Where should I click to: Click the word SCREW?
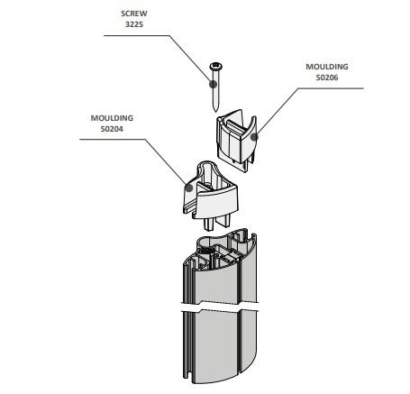click(134, 14)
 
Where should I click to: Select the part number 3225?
click(134, 24)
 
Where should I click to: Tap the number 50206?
click(327, 78)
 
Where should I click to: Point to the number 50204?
click(112, 129)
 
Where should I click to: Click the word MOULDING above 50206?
click(327, 67)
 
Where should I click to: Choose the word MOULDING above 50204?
click(112, 118)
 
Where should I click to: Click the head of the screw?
click(215, 66)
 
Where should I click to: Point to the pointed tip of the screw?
click(215, 111)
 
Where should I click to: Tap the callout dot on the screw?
click(213, 84)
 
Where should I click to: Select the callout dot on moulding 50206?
click(254, 137)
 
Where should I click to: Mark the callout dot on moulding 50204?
click(188, 188)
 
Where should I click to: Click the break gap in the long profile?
click(219, 307)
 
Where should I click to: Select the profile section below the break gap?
click(218, 345)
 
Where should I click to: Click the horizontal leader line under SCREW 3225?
click(137, 35)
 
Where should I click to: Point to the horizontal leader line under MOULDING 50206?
click(331, 88)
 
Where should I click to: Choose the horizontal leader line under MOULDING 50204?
click(113, 139)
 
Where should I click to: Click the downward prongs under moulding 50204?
click(217, 222)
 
